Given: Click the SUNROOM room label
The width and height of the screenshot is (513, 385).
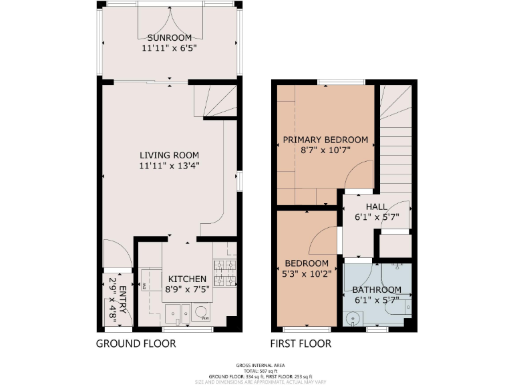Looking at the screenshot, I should (169, 37).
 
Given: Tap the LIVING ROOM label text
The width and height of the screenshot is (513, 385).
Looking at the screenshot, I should (169, 155).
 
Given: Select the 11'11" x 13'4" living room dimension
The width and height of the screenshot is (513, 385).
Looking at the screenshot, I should (169, 166).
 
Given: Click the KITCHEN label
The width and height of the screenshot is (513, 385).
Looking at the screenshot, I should (187, 279).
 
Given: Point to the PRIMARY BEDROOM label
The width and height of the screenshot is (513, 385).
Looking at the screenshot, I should (325, 140).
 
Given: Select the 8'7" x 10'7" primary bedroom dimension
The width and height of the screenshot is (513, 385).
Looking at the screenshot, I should (325, 150).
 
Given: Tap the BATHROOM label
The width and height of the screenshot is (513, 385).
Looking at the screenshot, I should (377, 289).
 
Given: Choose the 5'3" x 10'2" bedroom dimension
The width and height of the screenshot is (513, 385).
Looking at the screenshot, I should (307, 273).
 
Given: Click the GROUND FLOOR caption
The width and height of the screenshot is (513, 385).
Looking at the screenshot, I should (136, 344).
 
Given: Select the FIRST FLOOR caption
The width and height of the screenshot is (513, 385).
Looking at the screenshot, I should (301, 344).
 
